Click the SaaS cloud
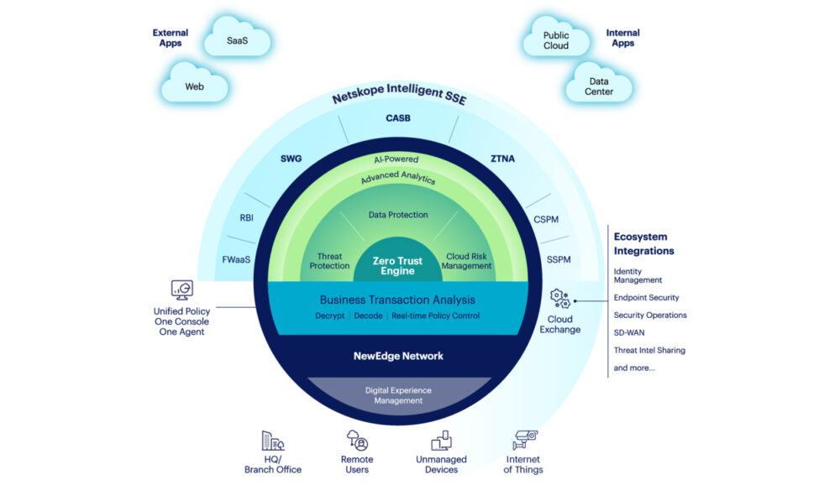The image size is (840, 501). (238, 40)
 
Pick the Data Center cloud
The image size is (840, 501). (599, 86)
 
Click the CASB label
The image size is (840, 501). (398, 118)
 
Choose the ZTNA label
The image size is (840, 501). (504, 157)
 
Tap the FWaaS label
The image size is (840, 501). (236, 259)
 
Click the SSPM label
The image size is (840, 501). (558, 259)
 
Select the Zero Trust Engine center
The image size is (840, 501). (398, 266)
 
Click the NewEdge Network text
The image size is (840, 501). (398, 356)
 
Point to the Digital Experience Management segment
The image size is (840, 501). (398, 395)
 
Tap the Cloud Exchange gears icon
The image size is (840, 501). (559, 298)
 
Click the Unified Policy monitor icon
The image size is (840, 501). (182, 290)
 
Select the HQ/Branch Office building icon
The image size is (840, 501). (273, 441)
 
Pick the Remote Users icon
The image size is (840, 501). (357, 441)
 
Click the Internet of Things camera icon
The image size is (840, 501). (524, 440)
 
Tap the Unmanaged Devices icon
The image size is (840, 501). (441, 441)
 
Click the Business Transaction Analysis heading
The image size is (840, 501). (398, 300)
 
